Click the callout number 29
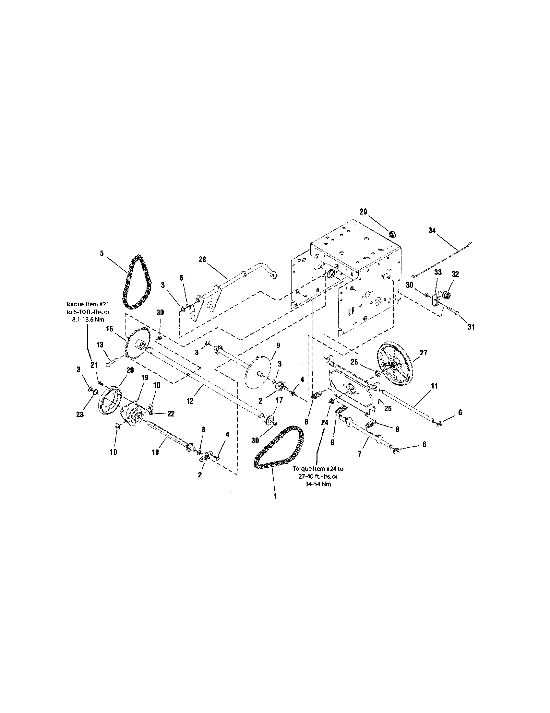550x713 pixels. click(364, 212)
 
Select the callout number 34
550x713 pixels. click(432, 231)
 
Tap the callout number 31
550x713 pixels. click(470, 327)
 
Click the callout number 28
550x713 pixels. click(202, 260)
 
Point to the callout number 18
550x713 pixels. click(156, 452)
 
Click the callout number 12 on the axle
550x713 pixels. click(190, 401)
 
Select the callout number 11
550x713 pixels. click(434, 386)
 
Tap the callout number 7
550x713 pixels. click(360, 454)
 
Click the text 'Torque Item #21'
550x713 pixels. click(88, 304)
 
